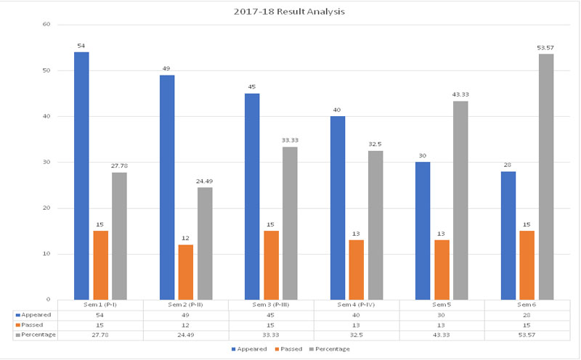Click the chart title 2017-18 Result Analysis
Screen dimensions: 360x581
click(x=290, y=12)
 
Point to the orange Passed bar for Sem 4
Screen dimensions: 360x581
click(x=356, y=269)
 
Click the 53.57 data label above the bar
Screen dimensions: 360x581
click(x=545, y=48)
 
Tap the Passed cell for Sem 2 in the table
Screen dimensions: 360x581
click(x=186, y=325)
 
